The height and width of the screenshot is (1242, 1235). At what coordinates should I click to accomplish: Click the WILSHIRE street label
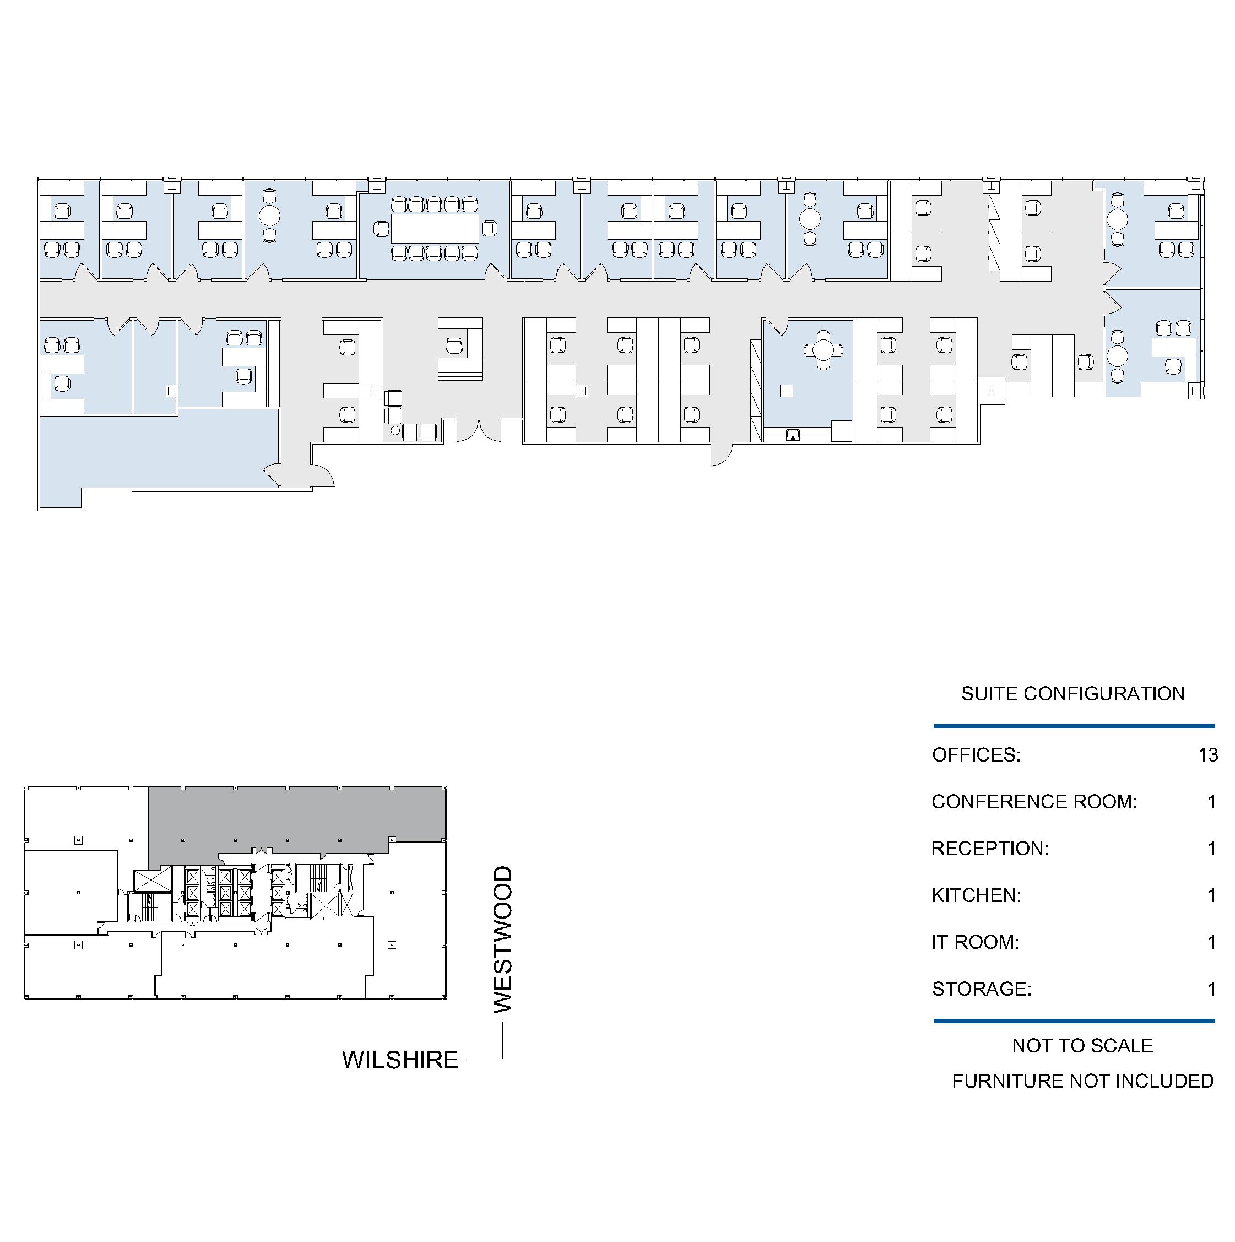coord(400,1060)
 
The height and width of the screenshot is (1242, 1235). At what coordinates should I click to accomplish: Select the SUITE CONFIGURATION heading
coord(1072,694)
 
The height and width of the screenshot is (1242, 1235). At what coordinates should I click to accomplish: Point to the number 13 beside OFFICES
coord(1208,755)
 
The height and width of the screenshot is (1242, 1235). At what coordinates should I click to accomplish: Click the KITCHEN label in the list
coord(976,895)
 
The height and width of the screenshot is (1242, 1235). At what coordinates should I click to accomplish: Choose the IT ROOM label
coord(975,942)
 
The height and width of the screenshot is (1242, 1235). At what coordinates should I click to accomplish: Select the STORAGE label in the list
coord(982,989)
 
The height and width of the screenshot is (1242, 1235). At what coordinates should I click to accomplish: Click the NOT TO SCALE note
coord(1082,1046)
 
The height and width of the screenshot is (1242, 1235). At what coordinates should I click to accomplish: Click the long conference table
coord(435,228)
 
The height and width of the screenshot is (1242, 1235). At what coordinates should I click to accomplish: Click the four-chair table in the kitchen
coord(823,350)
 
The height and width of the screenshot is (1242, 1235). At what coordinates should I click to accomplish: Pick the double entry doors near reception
coord(479,431)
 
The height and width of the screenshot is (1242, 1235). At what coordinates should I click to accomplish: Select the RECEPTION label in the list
coord(989,849)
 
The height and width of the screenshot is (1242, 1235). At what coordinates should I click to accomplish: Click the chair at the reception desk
coord(456,346)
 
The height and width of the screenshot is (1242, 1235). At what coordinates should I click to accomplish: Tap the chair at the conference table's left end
coord(382,228)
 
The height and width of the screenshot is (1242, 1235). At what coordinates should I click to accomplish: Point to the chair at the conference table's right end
coord(489,228)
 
